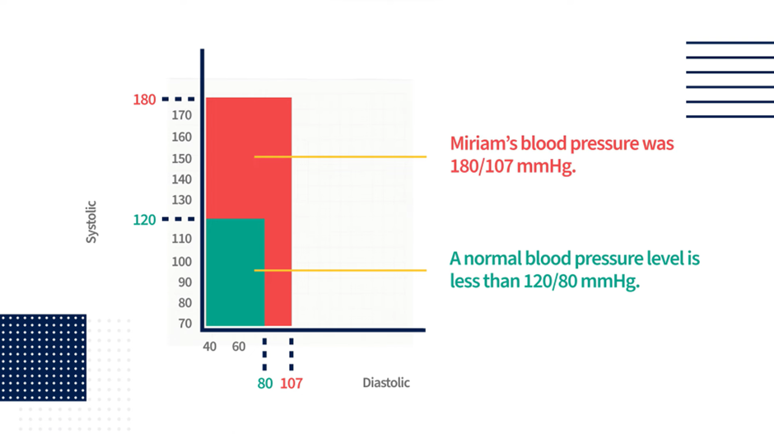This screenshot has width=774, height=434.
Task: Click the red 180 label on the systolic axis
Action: pos(144,100)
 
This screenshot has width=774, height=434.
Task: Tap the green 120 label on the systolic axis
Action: pos(144,220)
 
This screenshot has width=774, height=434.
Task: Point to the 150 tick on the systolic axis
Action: pos(182,158)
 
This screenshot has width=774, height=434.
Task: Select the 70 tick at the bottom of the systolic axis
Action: pos(185,324)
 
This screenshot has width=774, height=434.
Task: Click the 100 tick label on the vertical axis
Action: pos(182,262)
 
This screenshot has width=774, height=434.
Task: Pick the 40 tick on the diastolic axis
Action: pos(209,347)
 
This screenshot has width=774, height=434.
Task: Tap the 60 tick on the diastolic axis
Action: pos(239,347)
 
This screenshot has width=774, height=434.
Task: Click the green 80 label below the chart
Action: pos(265,383)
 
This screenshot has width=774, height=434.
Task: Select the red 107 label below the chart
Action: pos(291,383)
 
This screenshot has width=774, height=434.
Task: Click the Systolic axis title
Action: pos(91,222)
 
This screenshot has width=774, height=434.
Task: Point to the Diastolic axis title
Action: pos(386,383)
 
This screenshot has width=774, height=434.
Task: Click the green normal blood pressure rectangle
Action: pos(235,272)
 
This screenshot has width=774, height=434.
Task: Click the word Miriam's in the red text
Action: pos(483,143)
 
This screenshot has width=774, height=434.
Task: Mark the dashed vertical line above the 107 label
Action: pos(291,354)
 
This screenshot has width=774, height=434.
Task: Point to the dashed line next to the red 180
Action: pos(178,100)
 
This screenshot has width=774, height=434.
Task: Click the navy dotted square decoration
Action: pos(43,357)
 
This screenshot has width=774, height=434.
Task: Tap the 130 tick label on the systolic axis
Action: pos(182,200)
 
